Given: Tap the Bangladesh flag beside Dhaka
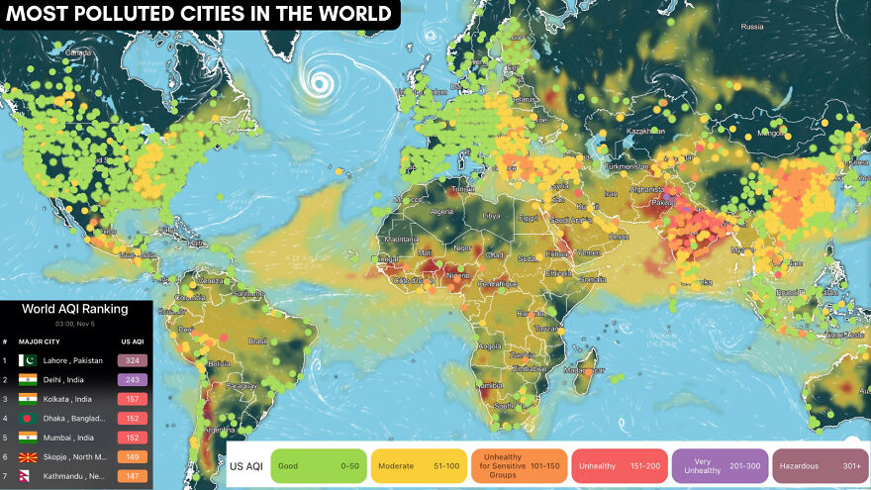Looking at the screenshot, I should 28,418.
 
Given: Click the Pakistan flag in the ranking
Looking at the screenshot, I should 28,360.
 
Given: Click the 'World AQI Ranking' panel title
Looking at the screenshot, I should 76,309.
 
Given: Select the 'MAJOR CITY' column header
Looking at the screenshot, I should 40,341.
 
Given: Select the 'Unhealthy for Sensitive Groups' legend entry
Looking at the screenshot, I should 518,464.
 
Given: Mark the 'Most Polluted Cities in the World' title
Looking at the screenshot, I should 199,14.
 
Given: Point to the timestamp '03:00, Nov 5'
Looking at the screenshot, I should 76,323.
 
